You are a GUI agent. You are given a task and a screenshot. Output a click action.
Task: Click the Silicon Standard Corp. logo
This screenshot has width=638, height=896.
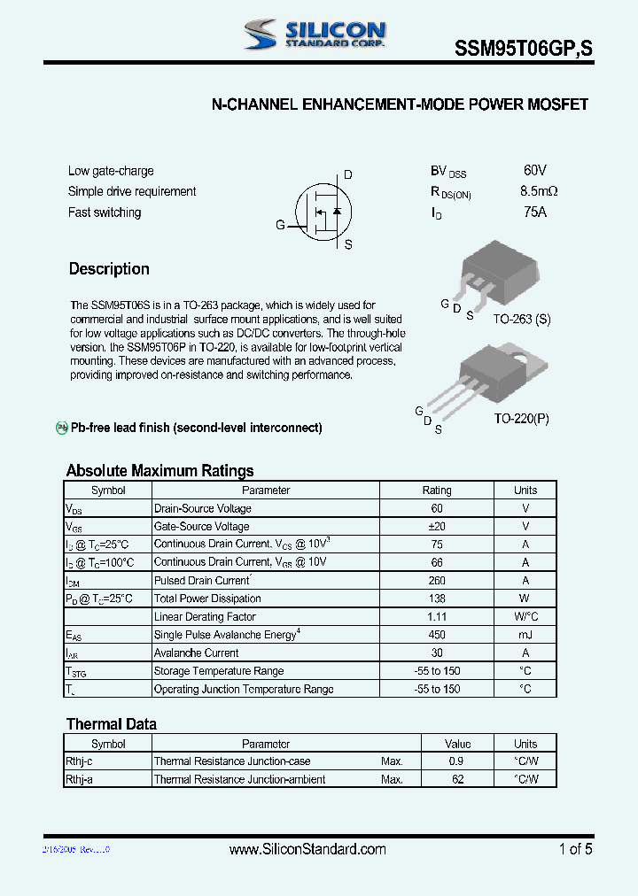click(x=315, y=35)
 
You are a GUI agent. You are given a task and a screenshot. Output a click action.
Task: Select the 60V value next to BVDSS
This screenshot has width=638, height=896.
click(x=535, y=170)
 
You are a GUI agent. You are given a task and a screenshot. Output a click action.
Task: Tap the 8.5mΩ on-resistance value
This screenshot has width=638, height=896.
click(x=539, y=191)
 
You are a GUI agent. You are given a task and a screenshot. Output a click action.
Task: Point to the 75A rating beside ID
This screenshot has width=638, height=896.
click(x=535, y=212)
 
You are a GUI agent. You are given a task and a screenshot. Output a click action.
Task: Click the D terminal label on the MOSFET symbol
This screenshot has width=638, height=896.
click(x=348, y=175)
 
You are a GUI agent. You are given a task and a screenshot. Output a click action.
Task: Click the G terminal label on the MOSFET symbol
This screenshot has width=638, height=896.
click(x=280, y=225)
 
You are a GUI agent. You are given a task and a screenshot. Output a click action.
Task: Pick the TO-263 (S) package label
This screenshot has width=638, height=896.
click(x=521, y=319)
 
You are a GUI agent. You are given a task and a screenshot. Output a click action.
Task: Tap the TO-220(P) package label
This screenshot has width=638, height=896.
click(x=521, y=418)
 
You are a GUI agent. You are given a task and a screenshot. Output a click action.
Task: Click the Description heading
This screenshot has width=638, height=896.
click(x=109, y=269)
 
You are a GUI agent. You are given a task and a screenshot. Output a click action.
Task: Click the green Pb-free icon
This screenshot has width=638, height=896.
click(x=62, y=428)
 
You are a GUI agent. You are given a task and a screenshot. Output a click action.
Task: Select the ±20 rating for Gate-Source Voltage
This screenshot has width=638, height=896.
click(x=436, y=527)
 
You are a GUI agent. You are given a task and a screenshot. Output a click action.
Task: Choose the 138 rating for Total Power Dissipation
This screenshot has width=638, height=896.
click(x=436, y=599)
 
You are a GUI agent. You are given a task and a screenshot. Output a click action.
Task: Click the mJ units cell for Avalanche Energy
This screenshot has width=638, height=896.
click(x=525, y=635)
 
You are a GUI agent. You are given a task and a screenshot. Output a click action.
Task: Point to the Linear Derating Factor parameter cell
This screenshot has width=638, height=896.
click(x=205, y=617)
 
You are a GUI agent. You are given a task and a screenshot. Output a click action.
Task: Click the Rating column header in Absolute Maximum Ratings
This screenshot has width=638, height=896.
click(x=436, y=490)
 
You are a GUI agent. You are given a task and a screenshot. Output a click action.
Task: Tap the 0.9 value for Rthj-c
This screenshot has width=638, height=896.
click(x=456, y=761)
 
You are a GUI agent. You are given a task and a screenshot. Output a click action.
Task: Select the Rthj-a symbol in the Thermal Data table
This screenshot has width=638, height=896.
click(x=81, y=780)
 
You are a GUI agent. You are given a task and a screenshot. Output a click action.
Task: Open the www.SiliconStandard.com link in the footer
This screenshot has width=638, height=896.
click(x=307, y=849)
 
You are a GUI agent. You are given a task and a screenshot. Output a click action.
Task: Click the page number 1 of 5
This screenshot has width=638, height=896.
click(x=575, y=849)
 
